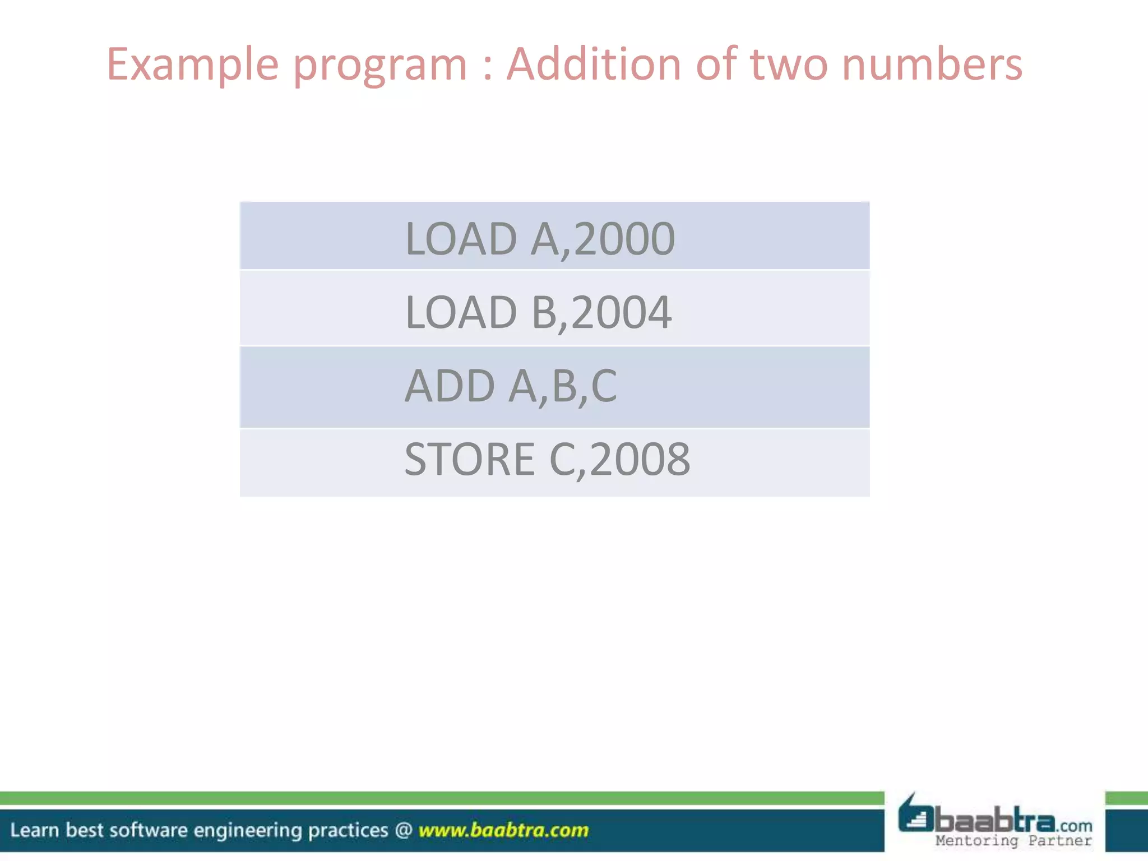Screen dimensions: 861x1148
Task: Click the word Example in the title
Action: click(x=192, y=64)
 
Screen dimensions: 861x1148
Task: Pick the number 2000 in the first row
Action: click(x=624, y=239)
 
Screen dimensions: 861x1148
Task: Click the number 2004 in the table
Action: click(x=622, y=312)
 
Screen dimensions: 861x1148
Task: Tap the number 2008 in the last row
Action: click(x=640, y=459)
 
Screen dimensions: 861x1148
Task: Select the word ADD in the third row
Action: click(x=450, y=386)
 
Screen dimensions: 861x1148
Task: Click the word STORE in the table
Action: click(x=470, y=459)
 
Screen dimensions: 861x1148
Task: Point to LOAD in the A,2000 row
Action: click(x=461, y=239)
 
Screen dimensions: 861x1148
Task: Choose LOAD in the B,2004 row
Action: click(x=461, y=312)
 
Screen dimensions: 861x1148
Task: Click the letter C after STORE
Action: click(x=562, y=459)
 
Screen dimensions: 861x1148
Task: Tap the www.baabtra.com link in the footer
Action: click(x=503, y=830)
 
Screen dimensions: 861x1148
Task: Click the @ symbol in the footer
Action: click(x=404, y=830)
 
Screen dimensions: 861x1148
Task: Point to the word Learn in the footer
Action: click(x=34, y=830)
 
